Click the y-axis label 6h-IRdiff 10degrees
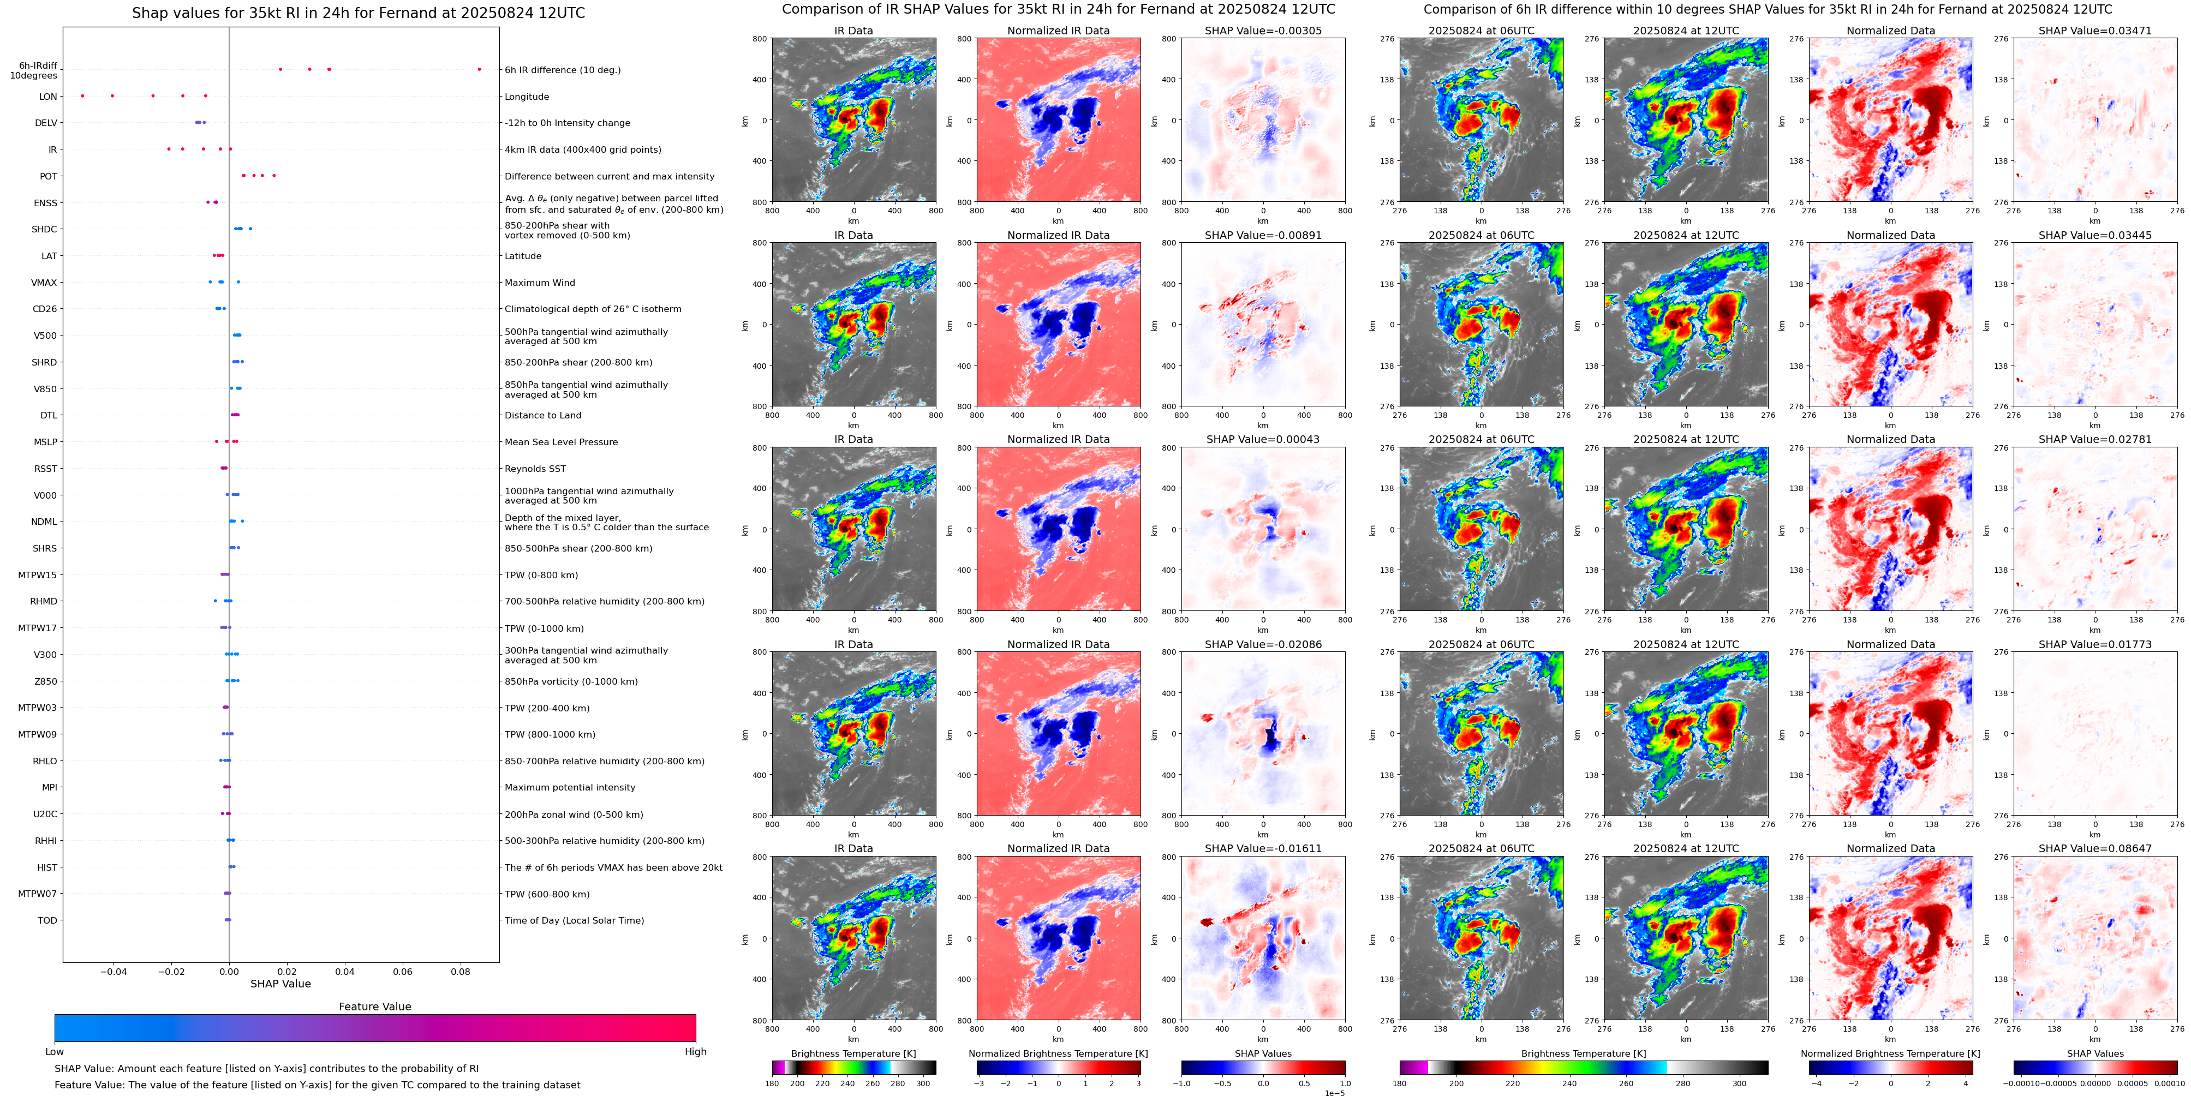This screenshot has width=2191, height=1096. [34, 70]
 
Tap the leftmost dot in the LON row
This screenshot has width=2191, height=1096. [82, 96]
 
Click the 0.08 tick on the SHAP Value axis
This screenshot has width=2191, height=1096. [460, 971]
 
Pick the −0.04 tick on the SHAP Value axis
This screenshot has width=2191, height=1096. [113, 971]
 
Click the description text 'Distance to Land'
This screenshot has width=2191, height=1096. [542, 416]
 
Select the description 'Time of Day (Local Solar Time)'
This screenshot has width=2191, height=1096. [574, 920]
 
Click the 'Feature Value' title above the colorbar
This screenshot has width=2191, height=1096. [374, 1007]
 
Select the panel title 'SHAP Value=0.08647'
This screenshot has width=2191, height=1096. [2095, 848]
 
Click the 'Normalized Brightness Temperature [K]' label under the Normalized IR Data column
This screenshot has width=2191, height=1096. [1058, 1053]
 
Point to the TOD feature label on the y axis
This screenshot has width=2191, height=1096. [47, 920]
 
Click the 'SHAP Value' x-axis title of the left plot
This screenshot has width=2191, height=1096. [280, 984]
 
